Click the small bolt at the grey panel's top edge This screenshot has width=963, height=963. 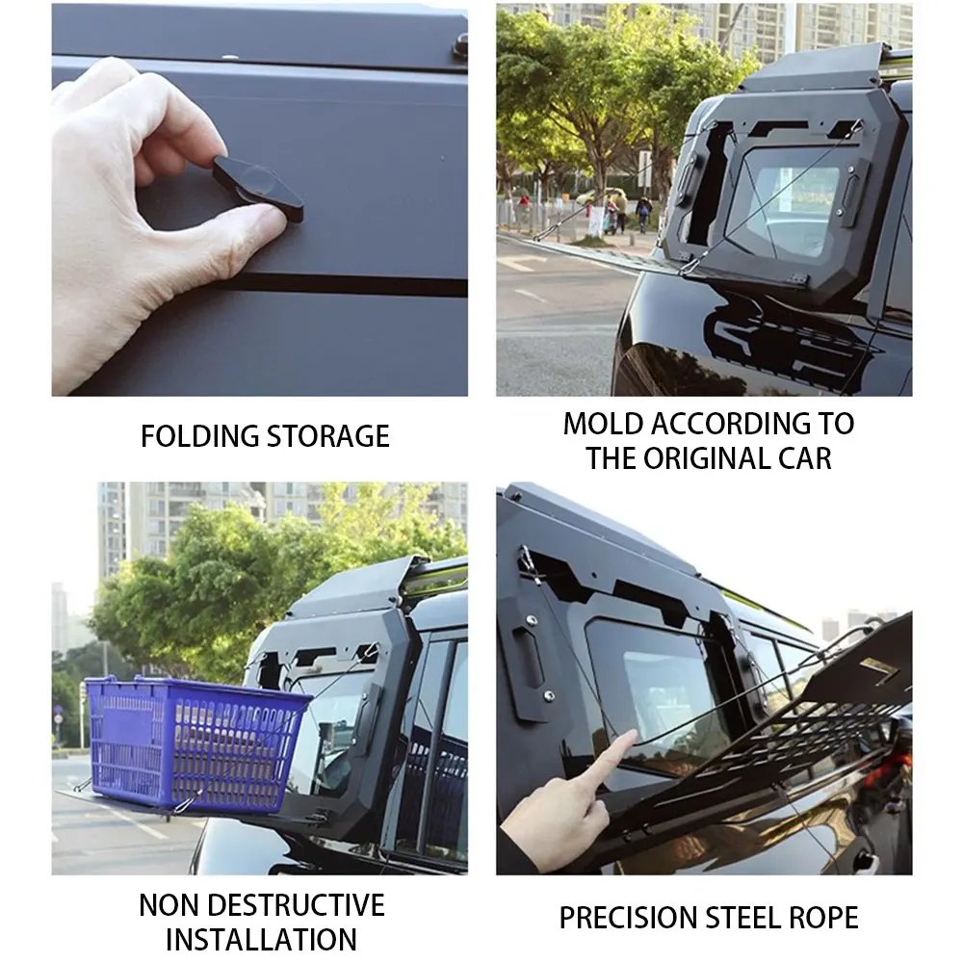(460, 44)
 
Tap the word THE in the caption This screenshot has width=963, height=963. (612, 458)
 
